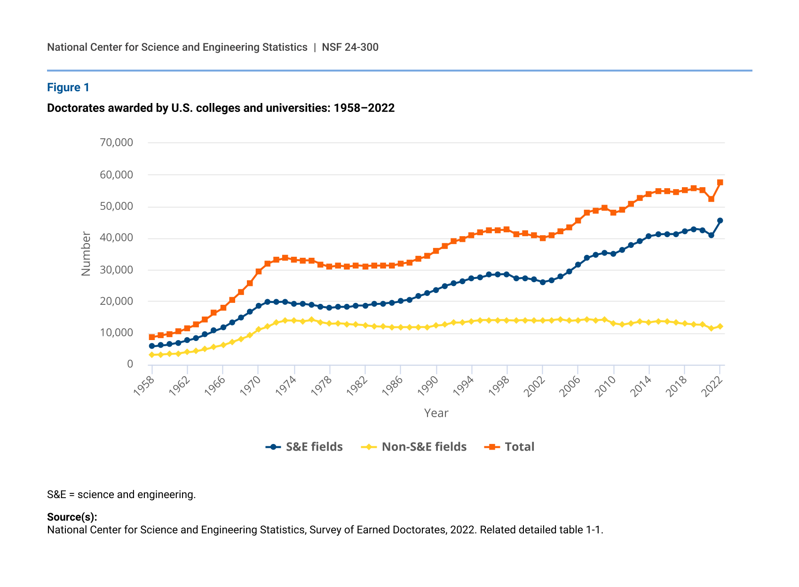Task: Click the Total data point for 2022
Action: [x=720, y=182]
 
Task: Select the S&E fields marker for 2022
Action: [x=720, y=221]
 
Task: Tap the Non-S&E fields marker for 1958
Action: [x=152, y=355]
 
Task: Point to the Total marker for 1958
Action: [x=152, y=337]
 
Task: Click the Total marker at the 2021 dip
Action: [x=711, y=199]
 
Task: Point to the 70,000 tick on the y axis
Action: [x=117, y=143]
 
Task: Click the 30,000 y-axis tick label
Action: [x=117, y=270]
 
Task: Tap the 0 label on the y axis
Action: [x=130, y=364]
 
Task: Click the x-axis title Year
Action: [x=436, y=413]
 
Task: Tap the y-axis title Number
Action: [x=86, y=254]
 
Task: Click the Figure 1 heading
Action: [x=68, y=87]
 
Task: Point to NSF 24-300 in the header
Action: [x=350, y=47]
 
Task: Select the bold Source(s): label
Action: [x=72, y=517]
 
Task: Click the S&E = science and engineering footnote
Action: [x=121, y=494]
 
